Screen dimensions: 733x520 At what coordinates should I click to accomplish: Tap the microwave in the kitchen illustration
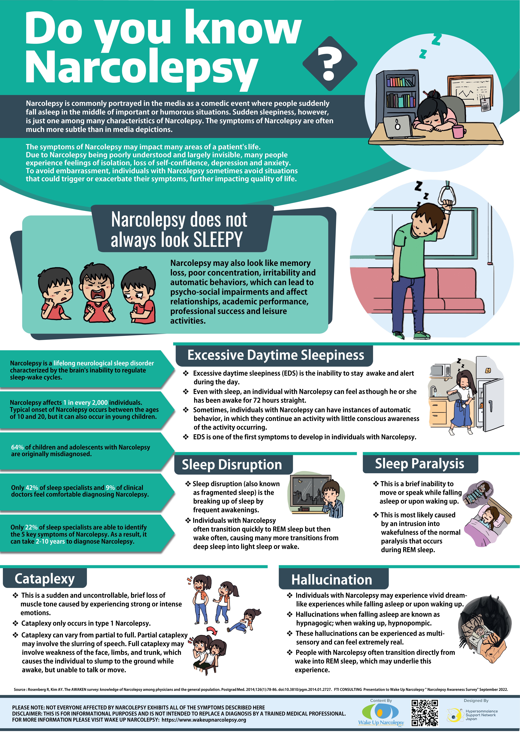pyautogui.click(x=440, y=371)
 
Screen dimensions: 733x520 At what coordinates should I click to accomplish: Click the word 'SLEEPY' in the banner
pyautogui.click(x=218, y=240)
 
